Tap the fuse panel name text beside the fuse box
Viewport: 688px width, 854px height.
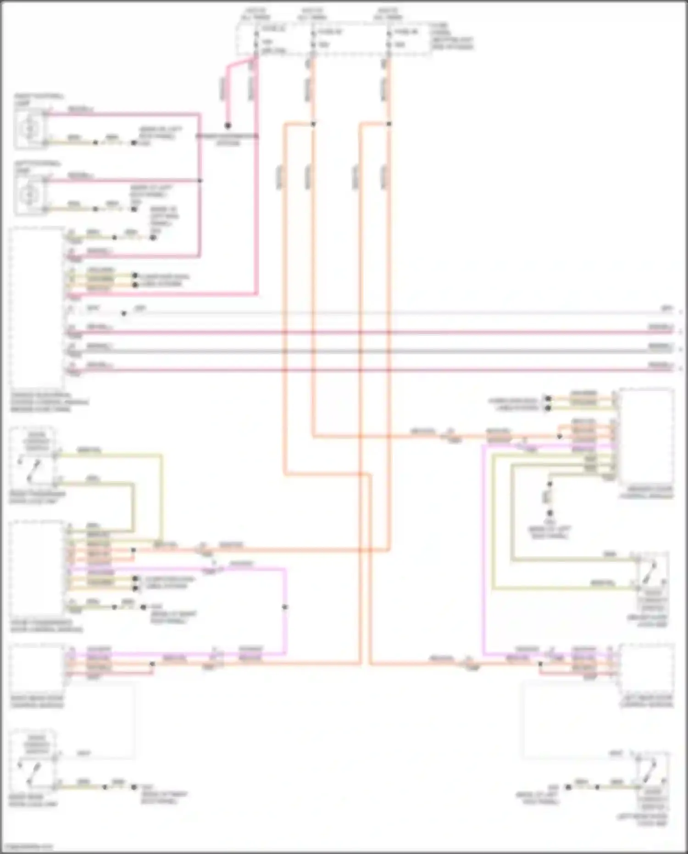click(452, 37)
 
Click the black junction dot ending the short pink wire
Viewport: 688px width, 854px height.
click(227, 125)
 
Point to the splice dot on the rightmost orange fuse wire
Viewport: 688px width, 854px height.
click(389, 124)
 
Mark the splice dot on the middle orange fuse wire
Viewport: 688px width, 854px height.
click(313, 124)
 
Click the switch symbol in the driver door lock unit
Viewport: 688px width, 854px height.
click(651, 571)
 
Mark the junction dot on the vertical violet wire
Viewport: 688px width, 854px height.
click(285, 607)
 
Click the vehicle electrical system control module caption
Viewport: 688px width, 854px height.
click(48, 402)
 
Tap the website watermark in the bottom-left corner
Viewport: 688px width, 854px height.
click(27, 847)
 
